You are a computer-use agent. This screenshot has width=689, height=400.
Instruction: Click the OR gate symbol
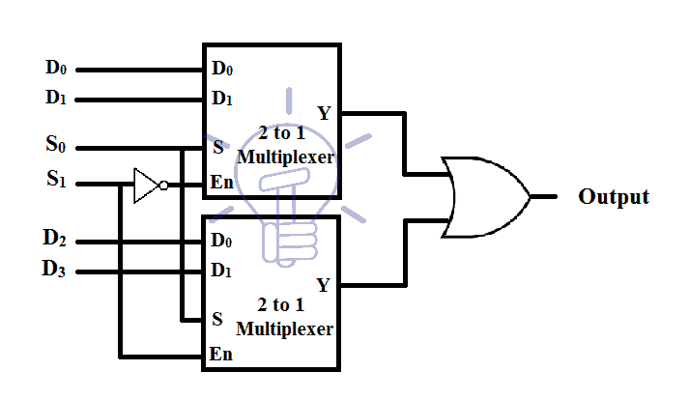483,197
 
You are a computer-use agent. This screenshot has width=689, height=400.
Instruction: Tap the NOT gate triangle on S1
146,184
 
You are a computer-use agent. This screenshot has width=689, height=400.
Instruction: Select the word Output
614,197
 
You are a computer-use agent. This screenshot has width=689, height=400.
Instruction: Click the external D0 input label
57,69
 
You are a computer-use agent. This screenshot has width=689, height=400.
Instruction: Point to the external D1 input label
57,99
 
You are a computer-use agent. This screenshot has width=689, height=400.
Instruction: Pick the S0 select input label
57,147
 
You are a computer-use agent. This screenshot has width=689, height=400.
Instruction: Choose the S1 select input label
57,180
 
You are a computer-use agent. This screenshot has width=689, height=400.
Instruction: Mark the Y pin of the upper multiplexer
324,114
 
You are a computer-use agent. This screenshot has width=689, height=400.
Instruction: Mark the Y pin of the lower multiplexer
323,285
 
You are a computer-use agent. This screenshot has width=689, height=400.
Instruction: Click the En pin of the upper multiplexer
220,182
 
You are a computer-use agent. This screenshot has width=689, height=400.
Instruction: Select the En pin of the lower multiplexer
220,354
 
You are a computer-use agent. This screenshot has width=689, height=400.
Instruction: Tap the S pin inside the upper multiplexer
217,149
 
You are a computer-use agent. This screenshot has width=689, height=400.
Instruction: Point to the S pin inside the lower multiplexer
217,318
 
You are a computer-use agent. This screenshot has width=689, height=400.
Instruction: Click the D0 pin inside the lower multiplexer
222,240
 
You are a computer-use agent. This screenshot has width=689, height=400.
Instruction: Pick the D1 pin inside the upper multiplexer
222,99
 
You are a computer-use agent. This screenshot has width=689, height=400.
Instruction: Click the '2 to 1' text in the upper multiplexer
285,134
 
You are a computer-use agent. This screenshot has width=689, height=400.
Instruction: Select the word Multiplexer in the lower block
287,329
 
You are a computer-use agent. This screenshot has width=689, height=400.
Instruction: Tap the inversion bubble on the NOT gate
164,184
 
